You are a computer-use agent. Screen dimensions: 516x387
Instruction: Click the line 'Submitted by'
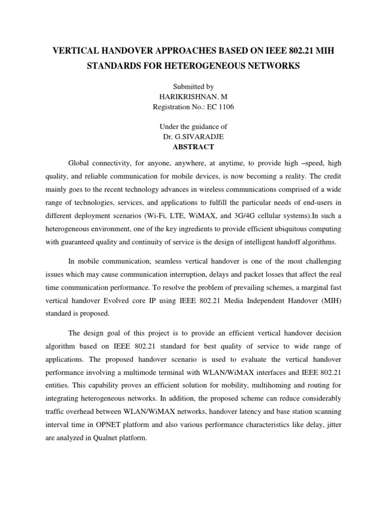pyautogui.click(x=193, y=87)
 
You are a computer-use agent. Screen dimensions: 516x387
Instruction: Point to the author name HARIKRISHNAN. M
pyautogui.click(x=193, y=97)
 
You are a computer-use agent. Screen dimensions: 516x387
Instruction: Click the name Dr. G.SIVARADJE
pyautogui.click(x=193, y=137)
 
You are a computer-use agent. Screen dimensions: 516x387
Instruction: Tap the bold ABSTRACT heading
pyautogui.click(x=193, y=147)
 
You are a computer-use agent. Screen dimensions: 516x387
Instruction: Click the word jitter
pyautogui.click(x=333, y=425)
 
